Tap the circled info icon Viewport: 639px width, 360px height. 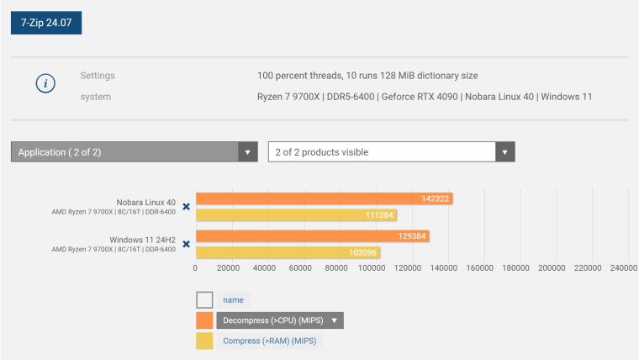45,84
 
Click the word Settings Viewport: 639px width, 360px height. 98,76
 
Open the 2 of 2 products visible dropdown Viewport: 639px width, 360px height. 391,152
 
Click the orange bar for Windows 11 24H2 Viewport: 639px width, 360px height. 312,236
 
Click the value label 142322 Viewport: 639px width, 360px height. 436,199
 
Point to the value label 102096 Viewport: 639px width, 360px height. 362,252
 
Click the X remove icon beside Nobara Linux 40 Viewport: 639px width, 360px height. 186,206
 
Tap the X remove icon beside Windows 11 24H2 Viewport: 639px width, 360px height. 186,244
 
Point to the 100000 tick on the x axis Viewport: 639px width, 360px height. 372,268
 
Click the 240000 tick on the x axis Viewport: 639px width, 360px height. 622,268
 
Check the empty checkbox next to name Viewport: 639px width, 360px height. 204,299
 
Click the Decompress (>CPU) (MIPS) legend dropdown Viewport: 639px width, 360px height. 280,320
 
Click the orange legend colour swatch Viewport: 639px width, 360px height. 204,320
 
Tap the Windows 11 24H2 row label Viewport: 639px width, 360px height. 142,240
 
